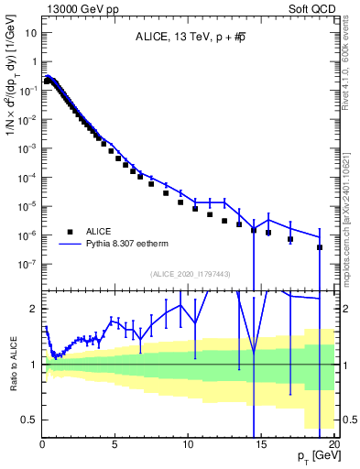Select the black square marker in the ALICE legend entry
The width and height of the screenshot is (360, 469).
(x=69, y=233)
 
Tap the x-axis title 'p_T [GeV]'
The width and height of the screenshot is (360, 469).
(x=319, y=456)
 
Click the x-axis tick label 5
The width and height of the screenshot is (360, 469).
(x=115, y=444)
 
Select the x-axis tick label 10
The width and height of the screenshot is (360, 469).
(x=188, y=444)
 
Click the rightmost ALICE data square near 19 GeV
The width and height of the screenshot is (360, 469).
(x=320, y=247)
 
